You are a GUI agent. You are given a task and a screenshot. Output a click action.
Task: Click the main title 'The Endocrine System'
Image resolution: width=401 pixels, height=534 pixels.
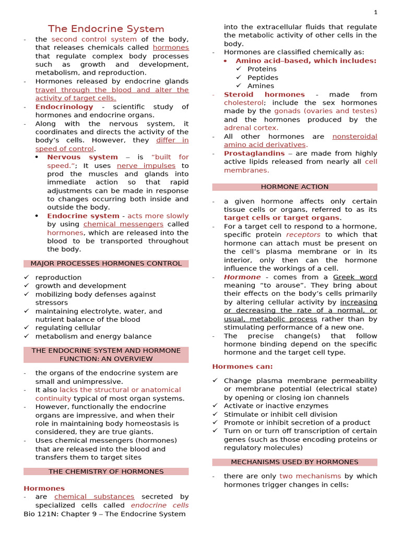[x=106, y=29]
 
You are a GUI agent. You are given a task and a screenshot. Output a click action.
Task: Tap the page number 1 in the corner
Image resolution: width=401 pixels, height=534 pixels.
[x=390, y=13]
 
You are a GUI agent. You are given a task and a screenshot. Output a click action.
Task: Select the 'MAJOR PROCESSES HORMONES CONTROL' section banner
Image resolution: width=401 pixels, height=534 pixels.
[x=106, y=264]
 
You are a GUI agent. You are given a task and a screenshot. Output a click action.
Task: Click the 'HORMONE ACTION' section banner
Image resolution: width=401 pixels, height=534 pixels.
[x=294, y=187]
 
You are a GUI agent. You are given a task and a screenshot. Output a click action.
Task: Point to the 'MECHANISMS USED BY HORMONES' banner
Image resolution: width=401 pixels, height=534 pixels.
[x=294, y=462]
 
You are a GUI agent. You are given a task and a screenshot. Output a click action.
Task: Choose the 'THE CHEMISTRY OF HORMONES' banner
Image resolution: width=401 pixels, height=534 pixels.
[x=106, y=471]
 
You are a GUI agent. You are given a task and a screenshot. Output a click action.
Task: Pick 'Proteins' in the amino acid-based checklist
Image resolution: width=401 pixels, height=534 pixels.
[x=262, y=69]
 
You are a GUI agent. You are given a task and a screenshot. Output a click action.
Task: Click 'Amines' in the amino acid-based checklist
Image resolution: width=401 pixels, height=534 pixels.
[x=261, y=86]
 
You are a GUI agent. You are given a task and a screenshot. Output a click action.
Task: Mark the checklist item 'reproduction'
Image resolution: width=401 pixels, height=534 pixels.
[x=58, y=277]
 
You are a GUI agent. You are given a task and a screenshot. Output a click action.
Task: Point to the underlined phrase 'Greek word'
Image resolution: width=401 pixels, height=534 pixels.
[x=355, y=277]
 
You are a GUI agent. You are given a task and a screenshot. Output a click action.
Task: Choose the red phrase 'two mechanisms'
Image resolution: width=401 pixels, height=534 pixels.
[x=310, y=476]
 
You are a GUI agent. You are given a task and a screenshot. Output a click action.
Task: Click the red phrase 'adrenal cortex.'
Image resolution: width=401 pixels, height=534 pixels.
[x=251, y=128]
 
